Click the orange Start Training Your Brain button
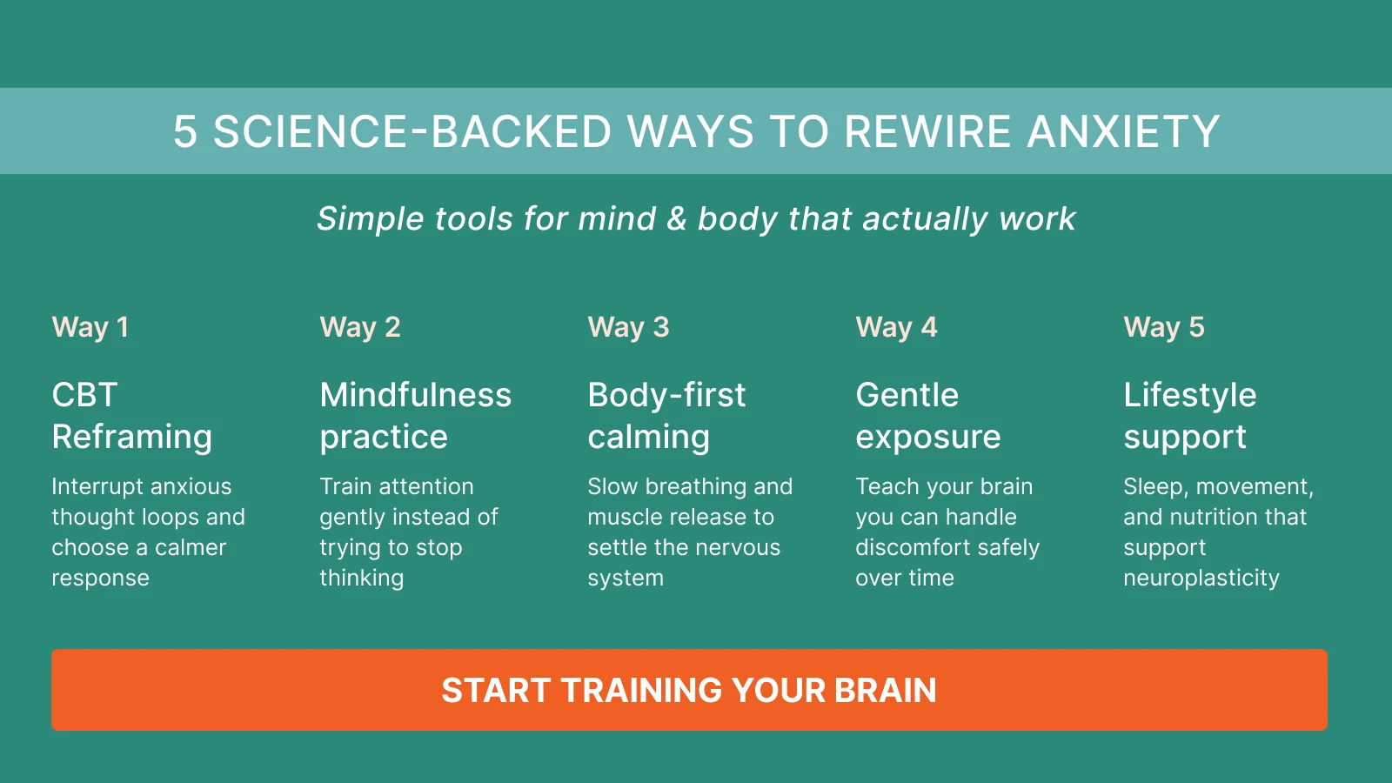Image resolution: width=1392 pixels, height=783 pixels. tap(689, 690)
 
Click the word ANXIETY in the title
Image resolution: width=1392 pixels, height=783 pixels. tap(1123, 132)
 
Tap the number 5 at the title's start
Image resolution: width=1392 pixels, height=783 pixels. tap(184, 132)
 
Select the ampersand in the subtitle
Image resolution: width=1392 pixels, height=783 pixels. tap(676, 218)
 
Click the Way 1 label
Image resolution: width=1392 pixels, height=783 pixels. tap(90, 327)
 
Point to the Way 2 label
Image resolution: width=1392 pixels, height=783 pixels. tap(360, 327)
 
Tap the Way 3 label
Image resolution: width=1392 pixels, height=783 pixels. tap(628, 327)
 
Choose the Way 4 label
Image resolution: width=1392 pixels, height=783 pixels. tap(896, 327)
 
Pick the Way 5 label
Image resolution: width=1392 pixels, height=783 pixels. tap(1164, 327)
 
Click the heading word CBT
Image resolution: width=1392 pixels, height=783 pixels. tap(84, 395)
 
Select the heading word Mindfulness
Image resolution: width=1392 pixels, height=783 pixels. tap(415, 395)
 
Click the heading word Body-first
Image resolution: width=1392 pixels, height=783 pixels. tap(666, 395)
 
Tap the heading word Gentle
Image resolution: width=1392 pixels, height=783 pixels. tap(907, 395)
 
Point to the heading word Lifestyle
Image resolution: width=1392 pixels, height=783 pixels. tap(1189, 395)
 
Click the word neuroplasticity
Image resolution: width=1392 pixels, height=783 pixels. tap(1201, 579)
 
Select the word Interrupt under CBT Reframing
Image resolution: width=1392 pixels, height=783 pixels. tap(98, 486)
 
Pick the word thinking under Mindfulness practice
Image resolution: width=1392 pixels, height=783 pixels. tap(361, 579)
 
